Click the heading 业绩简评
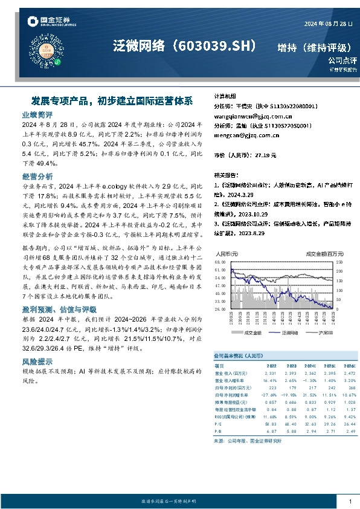tap(37, 114)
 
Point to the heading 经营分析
tap(37, 177)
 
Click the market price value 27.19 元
tap(265, 155)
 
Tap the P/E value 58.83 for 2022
tap(272, 426)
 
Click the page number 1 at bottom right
tap(350, 501)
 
